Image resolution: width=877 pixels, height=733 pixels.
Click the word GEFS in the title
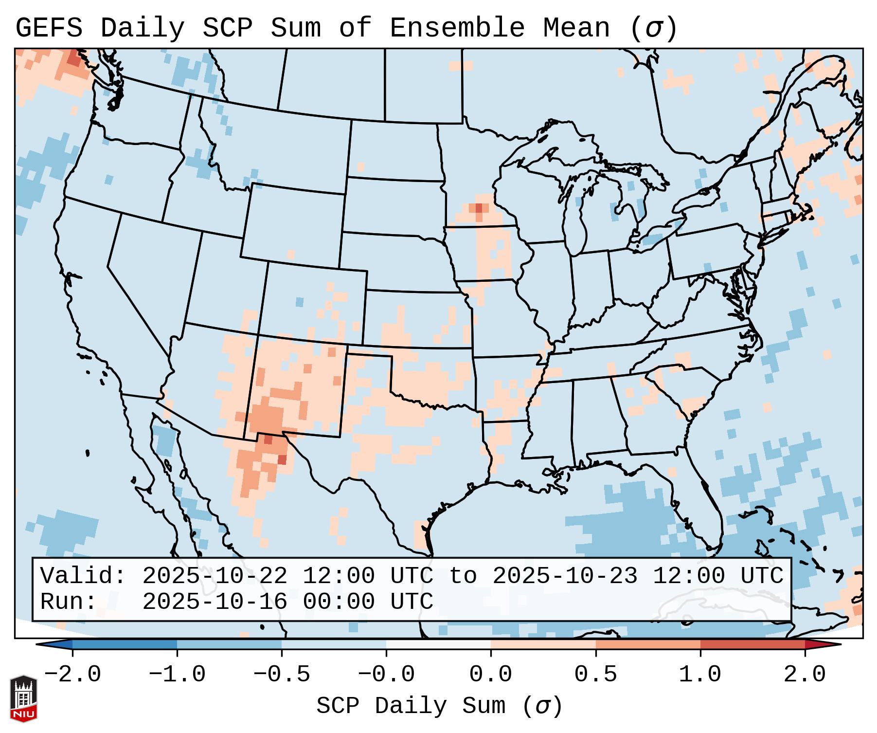pyautogui.click(x=49, y=28)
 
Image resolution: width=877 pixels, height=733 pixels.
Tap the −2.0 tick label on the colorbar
pyautogui.click(x=72, y=675)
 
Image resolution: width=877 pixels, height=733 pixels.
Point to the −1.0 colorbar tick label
pyautogui.click(x=177, y=675)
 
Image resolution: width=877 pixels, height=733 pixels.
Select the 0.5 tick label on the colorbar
pyautogui.click(x=596, y=675)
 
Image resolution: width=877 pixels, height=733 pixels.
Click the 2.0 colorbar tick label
pyautogui.click(x=805, y=675)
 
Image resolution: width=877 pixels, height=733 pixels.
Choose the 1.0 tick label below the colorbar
pyautogui.click(x=700, y=675)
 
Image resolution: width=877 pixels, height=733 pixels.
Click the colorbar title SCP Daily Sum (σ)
pyautogui.click(x=439, y=706)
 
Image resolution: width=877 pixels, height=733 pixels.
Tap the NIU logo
pyautogui.click(x=23, y=698)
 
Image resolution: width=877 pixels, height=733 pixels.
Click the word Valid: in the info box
pyautogui.click(x=83, y=576)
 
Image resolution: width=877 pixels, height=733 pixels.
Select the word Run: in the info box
pyautogui.click(x=69, y=602)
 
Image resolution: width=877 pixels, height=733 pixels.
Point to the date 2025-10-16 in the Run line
pyautogui.click(x=215, y=602)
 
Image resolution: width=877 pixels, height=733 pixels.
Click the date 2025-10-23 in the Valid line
pyautogui.click(x=565, y=576)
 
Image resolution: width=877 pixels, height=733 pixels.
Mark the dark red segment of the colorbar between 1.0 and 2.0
pyautogui.click(x=752, y=644)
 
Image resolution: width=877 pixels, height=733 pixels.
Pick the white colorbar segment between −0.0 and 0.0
pyautogui.click(x=438, y=644)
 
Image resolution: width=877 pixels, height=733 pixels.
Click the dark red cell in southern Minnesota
pyautogui.click(x=479, y=208)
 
